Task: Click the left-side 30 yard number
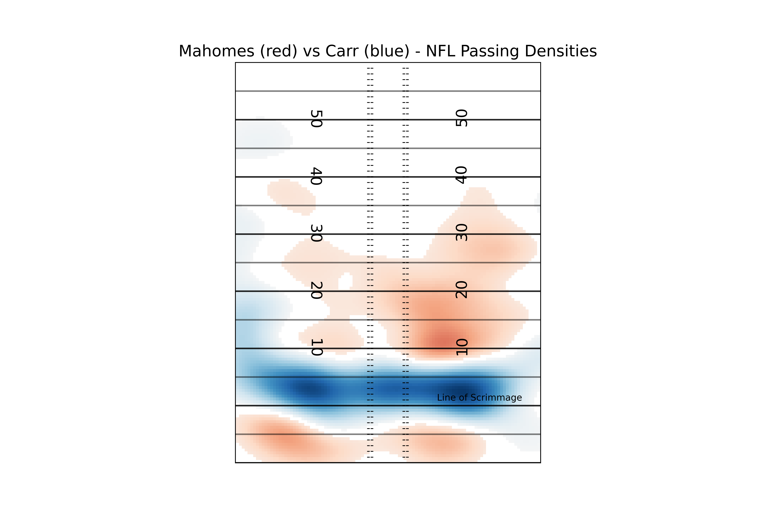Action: (316, 233)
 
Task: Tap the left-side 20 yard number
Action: (316, 291)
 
